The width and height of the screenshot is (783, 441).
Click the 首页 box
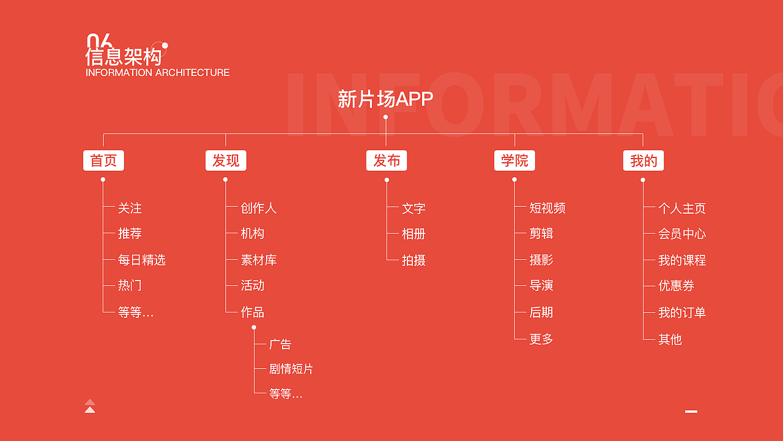103,160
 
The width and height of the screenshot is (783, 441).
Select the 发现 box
226,160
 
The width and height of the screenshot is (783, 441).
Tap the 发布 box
387,160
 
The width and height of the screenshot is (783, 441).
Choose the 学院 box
514,160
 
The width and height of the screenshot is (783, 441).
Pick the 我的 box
644,160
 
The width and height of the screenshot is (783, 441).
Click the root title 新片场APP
385,99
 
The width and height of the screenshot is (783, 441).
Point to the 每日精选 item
142,260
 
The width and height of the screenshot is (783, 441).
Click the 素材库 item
259,260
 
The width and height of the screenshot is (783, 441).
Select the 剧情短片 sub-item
291,369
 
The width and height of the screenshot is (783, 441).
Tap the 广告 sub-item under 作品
280,344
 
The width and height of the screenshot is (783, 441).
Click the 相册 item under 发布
414,234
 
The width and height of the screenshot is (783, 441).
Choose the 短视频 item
547,208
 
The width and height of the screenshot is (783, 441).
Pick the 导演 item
541,285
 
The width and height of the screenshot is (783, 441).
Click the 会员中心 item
682,234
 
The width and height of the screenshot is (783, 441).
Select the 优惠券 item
676,286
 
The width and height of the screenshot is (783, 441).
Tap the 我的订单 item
682,312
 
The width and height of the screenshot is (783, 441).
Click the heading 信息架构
124,57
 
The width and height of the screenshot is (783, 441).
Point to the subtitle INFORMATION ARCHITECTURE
158,72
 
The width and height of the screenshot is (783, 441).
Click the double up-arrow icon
90,406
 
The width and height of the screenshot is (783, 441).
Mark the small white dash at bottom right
691,412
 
